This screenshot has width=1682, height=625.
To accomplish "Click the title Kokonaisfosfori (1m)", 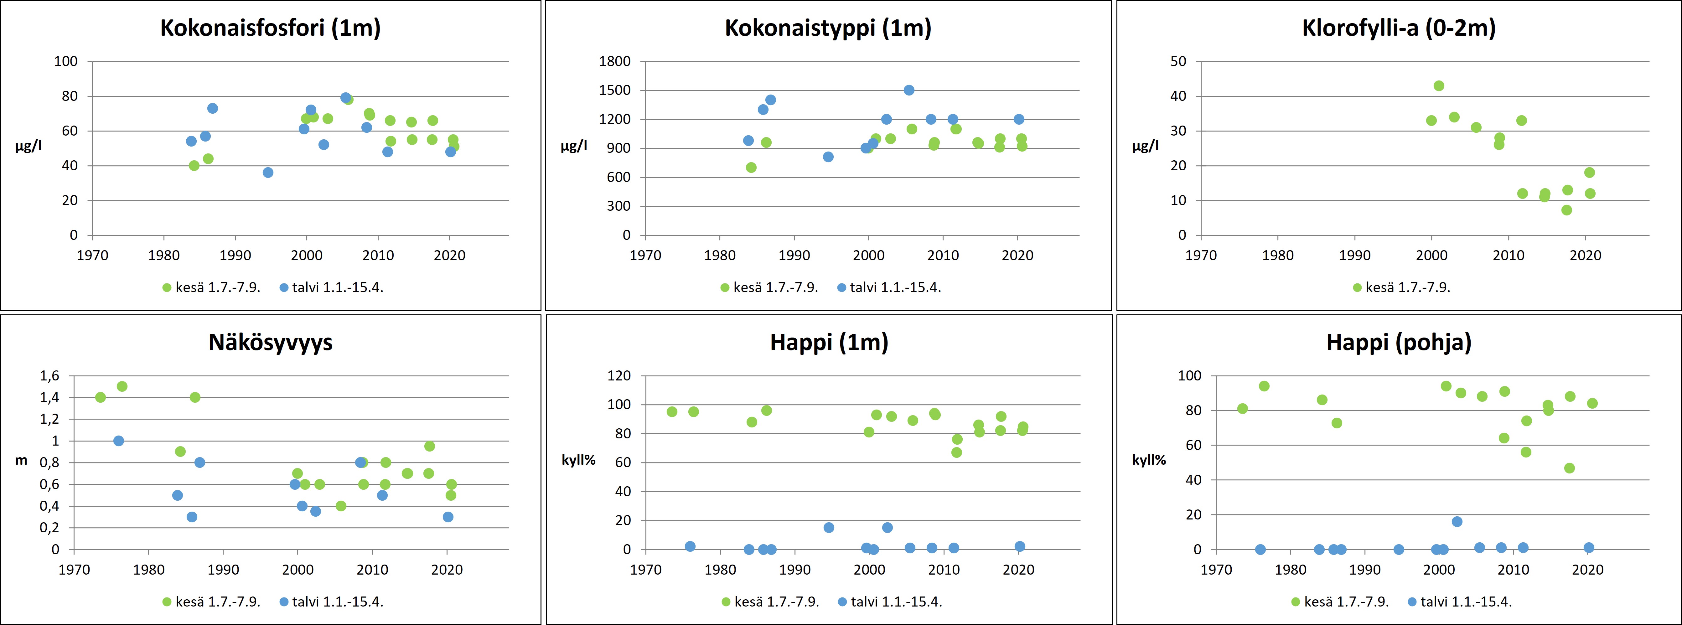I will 270,28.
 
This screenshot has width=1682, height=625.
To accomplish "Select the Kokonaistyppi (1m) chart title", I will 828,28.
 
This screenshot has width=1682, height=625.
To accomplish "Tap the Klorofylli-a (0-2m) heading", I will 1399,28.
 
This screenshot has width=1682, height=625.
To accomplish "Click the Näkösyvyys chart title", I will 270,342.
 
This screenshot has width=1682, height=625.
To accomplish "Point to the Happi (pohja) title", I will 1399,342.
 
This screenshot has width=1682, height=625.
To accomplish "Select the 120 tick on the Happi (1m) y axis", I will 619,375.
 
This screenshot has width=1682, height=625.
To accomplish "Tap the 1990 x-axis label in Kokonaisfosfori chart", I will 235,256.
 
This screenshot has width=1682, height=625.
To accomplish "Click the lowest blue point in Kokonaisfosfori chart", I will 268,173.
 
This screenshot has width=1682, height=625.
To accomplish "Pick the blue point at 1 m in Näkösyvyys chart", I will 118,441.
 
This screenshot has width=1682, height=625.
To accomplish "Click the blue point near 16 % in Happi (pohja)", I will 1457,521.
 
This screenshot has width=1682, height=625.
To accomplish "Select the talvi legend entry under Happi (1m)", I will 890,602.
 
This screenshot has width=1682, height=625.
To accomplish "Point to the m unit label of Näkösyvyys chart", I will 22,460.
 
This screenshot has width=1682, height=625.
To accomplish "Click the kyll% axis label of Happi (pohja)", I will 1149,460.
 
